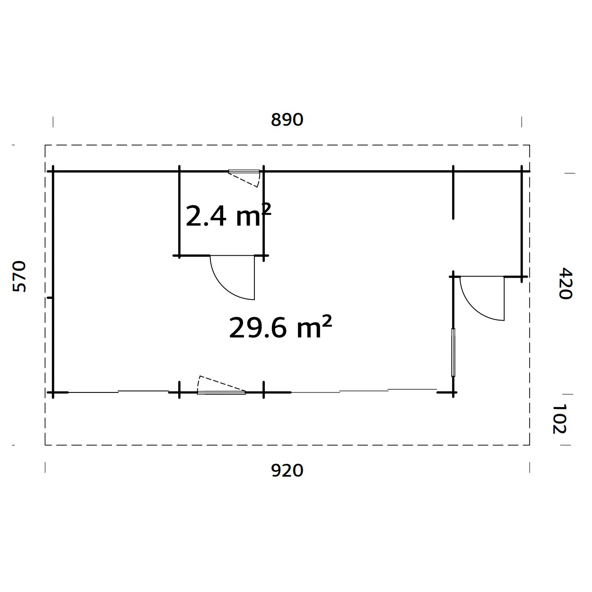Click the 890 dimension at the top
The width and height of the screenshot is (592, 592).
click(287, 120)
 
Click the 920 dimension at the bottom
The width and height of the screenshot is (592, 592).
click(287, 470)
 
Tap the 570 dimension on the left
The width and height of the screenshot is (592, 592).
click(19, 276)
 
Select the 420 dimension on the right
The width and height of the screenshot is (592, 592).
click(565, 284)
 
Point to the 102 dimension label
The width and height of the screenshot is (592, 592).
click(559, 418)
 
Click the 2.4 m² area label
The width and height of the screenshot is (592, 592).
click(228, 216)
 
